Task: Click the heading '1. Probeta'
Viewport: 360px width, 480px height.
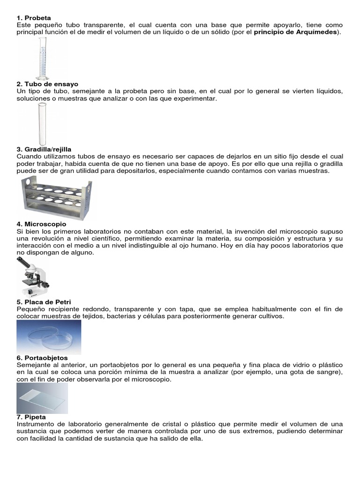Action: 33,18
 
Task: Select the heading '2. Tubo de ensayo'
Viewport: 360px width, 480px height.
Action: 47,84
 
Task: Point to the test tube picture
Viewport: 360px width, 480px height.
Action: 40,123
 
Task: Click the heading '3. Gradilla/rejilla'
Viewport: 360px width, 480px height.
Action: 44,149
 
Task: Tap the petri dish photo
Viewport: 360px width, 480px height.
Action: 49,337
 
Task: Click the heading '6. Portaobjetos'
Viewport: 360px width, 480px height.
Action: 42,358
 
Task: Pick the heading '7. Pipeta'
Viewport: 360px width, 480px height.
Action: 31,416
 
